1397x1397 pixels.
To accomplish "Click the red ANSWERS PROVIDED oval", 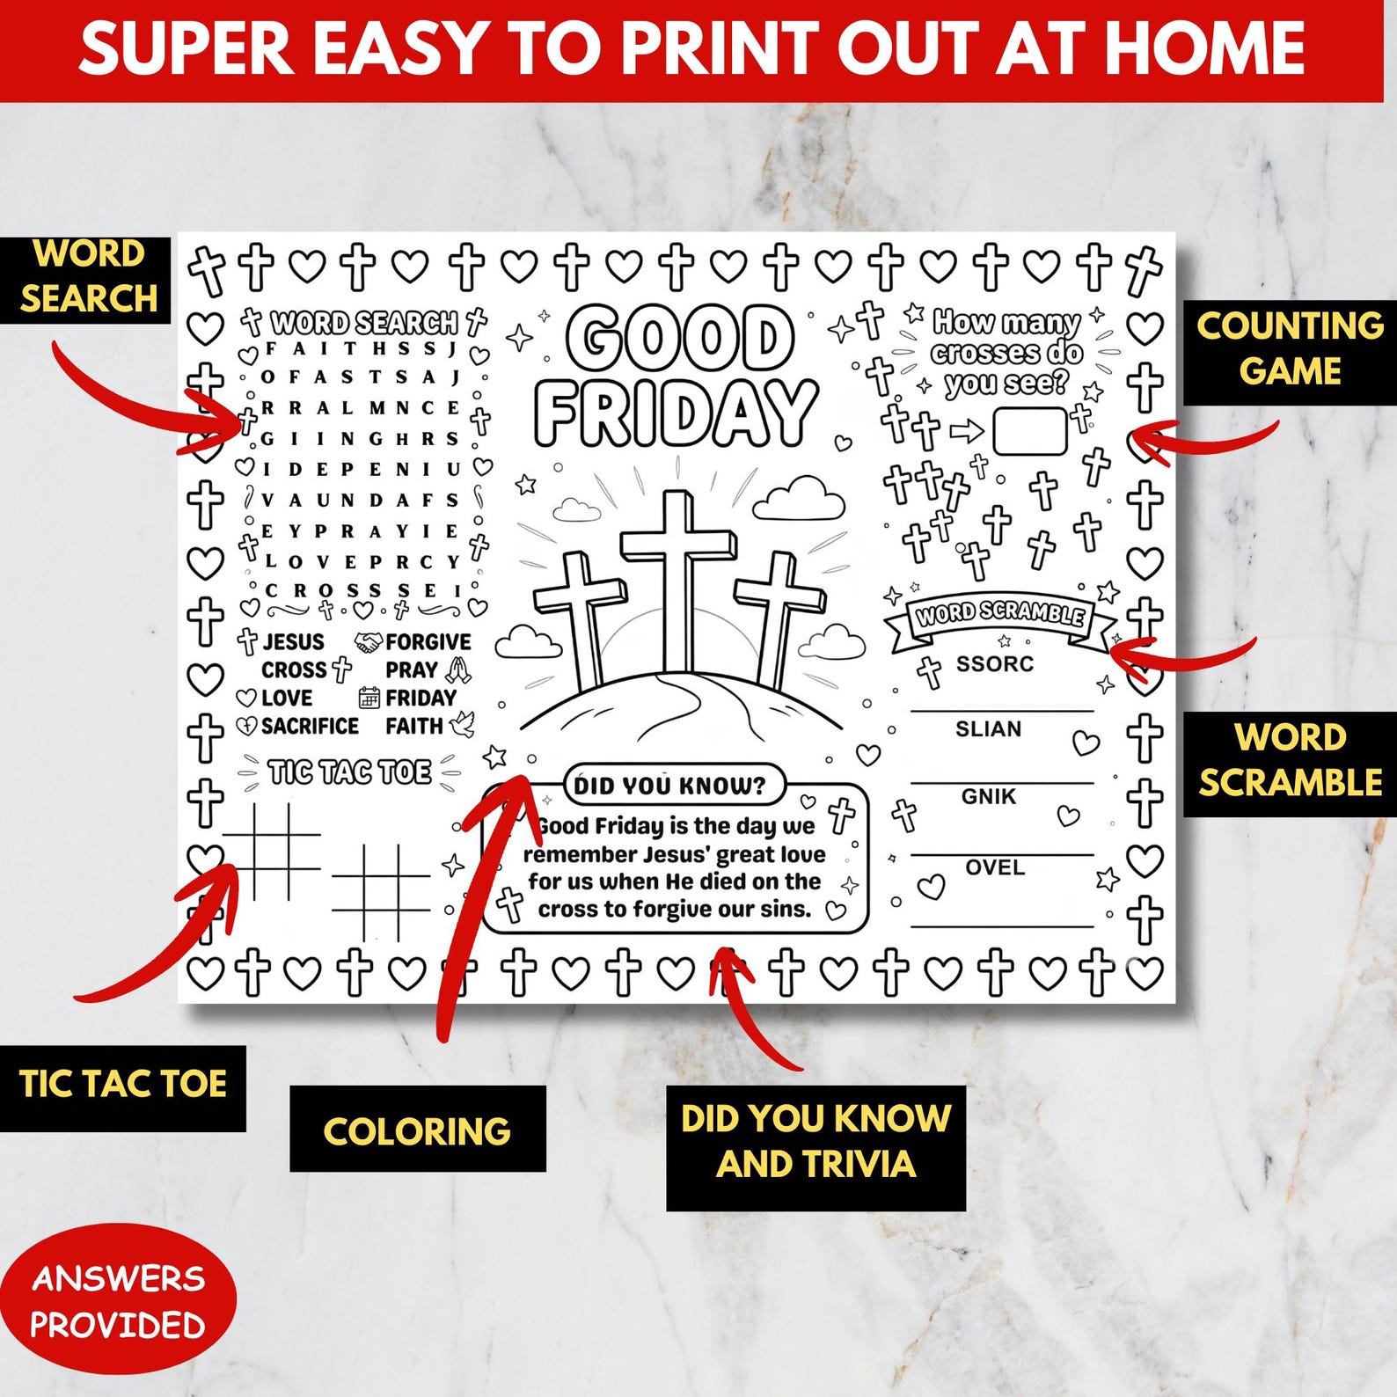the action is coord(118,1300).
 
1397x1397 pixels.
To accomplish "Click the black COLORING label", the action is coord(418,1129).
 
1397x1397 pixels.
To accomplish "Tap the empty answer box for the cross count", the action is coord(1029,431).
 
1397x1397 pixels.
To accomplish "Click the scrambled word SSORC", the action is coord(995,664).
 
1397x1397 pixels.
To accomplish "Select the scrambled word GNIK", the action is coord(989,796).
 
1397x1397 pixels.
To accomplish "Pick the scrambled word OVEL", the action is coord(995,867).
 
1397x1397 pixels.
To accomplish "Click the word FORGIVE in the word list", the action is coord(428,642).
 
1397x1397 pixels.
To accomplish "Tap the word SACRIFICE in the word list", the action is coord(310,727).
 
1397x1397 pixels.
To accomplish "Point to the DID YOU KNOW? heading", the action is coord(670,786).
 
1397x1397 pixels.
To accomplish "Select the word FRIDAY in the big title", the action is coord(676,412).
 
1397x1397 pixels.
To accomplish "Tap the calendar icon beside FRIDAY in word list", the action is coord(369,698).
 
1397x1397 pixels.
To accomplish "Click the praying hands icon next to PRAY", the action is coord(457,670).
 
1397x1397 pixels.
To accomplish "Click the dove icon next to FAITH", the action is coord(463,725).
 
